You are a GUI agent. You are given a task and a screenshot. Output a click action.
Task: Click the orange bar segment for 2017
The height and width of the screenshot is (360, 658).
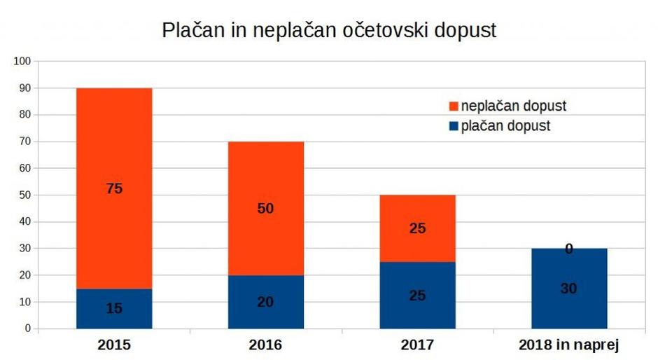tap(417, 210)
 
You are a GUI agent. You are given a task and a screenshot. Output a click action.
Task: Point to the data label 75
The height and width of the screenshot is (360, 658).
tap(114, 188)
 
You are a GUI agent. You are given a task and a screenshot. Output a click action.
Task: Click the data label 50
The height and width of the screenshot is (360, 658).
tap(265, 209)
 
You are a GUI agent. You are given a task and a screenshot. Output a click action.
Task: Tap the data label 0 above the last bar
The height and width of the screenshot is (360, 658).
tap(568, 249)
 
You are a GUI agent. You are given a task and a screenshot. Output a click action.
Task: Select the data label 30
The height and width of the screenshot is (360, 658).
tap(568, 289)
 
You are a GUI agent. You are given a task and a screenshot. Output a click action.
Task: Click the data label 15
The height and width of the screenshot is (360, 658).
tap(114, 308)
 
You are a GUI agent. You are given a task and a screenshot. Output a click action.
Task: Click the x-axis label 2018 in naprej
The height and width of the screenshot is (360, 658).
tap(568, 345)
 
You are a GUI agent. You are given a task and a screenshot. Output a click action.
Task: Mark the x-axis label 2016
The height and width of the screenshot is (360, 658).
tap(265, 345)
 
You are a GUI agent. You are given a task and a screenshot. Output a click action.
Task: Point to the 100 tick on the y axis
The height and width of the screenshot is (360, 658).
tap(22, 61)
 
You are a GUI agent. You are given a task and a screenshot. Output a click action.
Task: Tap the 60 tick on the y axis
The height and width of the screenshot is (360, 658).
tap(24, 168)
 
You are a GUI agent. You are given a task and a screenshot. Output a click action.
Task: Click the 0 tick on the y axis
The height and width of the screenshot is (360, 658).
tap(28, 328)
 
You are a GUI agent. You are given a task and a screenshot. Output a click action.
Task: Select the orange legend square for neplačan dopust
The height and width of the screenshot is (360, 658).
tap(453, 106)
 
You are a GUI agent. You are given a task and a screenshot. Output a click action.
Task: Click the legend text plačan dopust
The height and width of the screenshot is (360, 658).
tap(505, 126)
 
